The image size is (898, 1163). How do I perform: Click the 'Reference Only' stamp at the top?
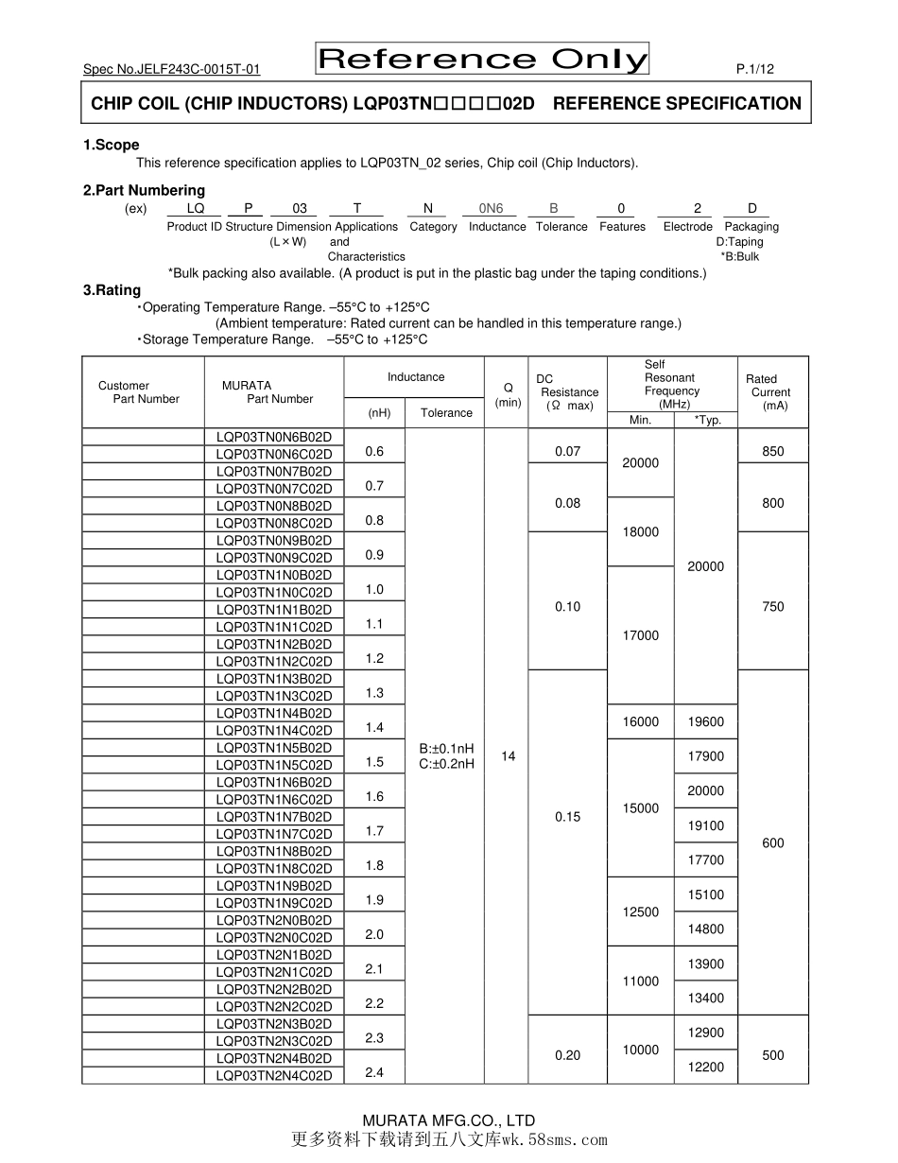(x=482, y=59)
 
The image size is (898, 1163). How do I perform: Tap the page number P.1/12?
(x=754, y=69)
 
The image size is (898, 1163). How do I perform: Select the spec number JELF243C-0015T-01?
(x=171, y=69)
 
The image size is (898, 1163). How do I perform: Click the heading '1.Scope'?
(x=111, y=145)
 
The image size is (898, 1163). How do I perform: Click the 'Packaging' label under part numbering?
(x=751, y=227)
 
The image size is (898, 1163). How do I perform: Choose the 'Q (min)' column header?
(x=509, y=394)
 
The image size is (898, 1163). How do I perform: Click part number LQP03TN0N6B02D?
(x=274, y=437)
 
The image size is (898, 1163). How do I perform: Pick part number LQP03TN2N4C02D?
(x=274, y=1076)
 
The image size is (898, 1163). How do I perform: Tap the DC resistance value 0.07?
(x=567, y=451)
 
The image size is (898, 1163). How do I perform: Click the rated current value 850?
(x=772, y=451)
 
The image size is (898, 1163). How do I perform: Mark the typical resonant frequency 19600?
(x=705, y=721)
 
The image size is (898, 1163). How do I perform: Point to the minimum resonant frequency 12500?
(x=640, y=911)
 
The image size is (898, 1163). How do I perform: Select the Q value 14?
(x=509, y=755)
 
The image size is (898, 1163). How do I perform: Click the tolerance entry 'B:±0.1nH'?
(x=446, y=748)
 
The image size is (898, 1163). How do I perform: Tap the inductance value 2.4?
(x=374, y=1072)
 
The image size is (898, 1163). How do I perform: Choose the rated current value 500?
(x=772, y=1055)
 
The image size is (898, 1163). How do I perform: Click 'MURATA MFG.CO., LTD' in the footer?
(x=449, y=1120)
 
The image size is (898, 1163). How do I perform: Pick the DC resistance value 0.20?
(x=567, y=1055)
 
